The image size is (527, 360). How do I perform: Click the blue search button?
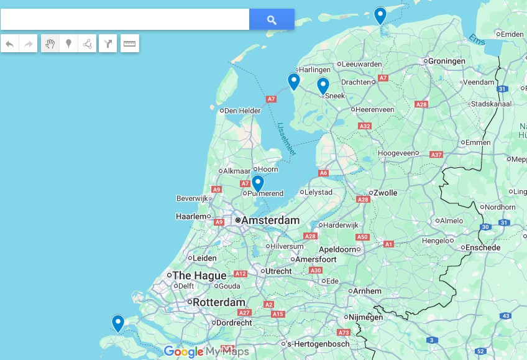(272, 19)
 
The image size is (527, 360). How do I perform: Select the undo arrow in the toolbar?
(9, 44)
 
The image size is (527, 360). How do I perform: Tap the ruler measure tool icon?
(129, 44)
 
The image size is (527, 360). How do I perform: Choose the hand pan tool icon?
(50, 44)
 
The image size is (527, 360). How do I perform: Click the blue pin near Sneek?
(323, 86)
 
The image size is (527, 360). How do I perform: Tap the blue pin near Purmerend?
(257, 183)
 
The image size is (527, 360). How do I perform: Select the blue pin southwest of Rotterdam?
(117, 323)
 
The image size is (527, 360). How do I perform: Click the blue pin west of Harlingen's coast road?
(293, 81)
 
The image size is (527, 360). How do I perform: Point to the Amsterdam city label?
(270, 221)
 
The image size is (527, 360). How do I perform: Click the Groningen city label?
(447, 61)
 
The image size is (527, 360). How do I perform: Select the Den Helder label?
(242, 111)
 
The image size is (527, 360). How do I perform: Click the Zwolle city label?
(385, 193)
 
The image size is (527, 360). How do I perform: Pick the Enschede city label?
(483, 247)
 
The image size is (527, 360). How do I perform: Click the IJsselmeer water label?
(286, 138)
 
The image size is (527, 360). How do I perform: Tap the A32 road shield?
(365, 126)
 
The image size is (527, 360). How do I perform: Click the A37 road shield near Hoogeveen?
(436, 155)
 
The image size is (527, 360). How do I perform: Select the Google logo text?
(184, 352)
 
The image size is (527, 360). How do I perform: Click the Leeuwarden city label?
(362, 64)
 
